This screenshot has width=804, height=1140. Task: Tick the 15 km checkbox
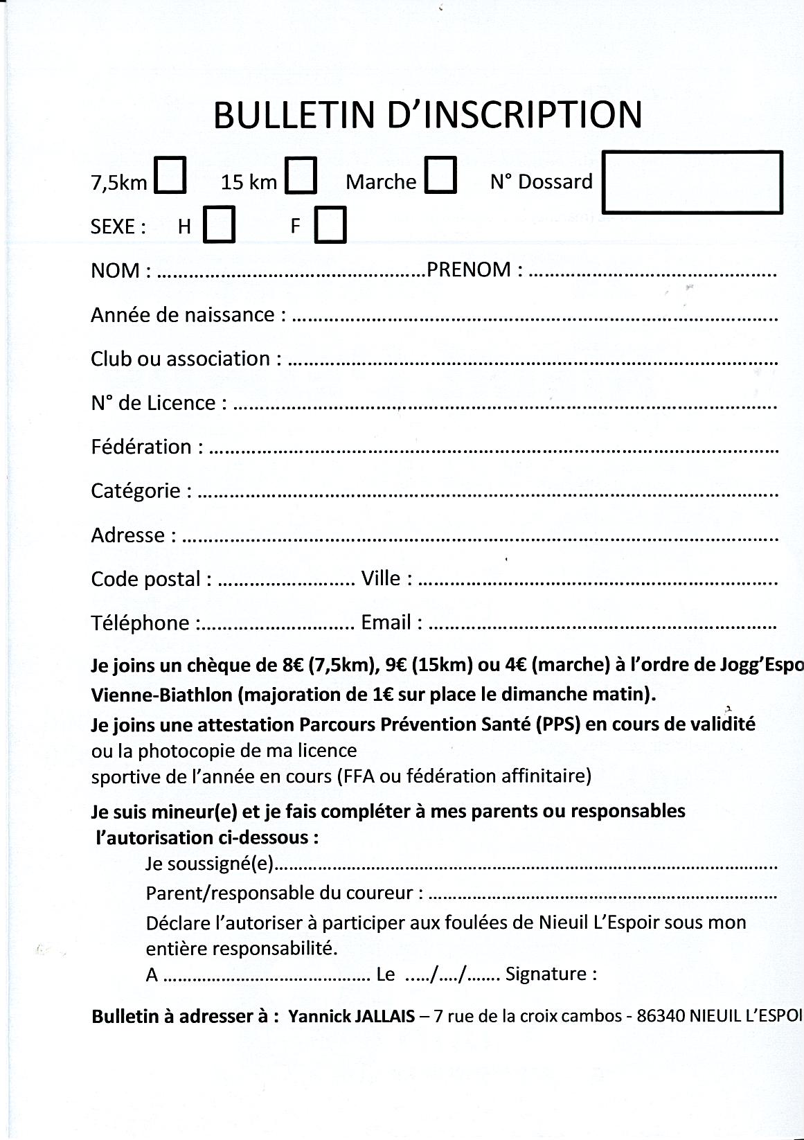(302, 176)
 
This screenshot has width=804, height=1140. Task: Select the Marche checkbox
(440, 176)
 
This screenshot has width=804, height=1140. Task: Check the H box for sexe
(219, 225)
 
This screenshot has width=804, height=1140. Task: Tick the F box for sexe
(330, 225)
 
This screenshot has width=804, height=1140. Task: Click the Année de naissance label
(183, 315)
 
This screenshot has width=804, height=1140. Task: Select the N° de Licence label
(153, 402)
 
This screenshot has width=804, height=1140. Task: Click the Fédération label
(141, 447)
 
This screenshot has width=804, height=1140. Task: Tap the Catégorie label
(136, 491)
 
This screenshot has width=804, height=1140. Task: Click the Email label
(386, 622)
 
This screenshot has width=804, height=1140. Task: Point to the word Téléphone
(140, 623)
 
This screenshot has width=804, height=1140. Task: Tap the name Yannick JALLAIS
(352, 1017)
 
